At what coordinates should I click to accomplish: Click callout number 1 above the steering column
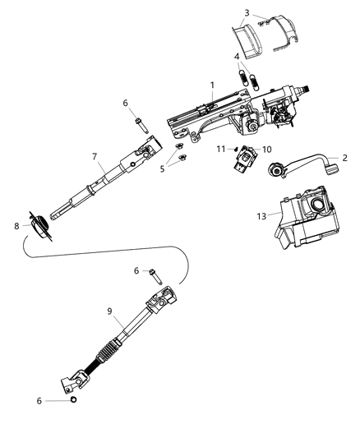coord(211,85)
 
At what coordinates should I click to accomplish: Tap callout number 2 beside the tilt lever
coord(344,158)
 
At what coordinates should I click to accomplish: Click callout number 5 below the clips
coord(162,168)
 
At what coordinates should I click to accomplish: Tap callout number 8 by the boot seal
coord(16,224)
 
